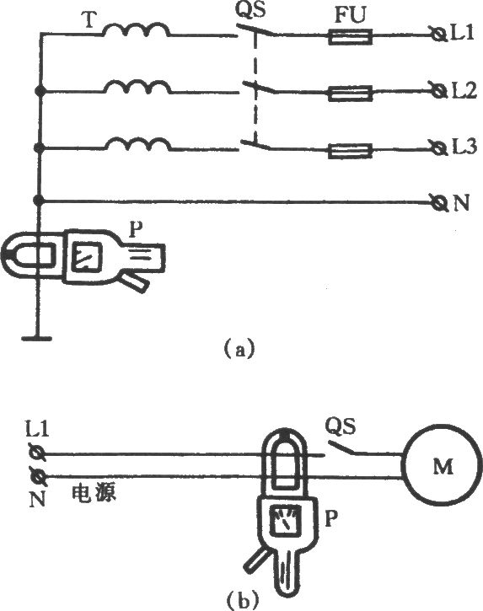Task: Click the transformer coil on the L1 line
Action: point(136,29)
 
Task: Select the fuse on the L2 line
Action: point(350,94)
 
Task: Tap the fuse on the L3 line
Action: point(350,151)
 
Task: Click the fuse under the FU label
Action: point(350,37)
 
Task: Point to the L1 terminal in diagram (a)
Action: point(439,35)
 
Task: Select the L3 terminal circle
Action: point(439,148)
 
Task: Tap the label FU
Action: point(351,16)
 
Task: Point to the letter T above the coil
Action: point(89,20)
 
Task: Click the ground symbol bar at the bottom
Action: point(36,338)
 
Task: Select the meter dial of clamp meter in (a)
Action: point(88,255)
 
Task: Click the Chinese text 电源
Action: point(94,494)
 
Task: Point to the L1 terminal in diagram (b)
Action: point(38,453)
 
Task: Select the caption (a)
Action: point(239,348)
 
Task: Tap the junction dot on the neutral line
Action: point(39,201)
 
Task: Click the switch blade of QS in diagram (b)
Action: point(341,448)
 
